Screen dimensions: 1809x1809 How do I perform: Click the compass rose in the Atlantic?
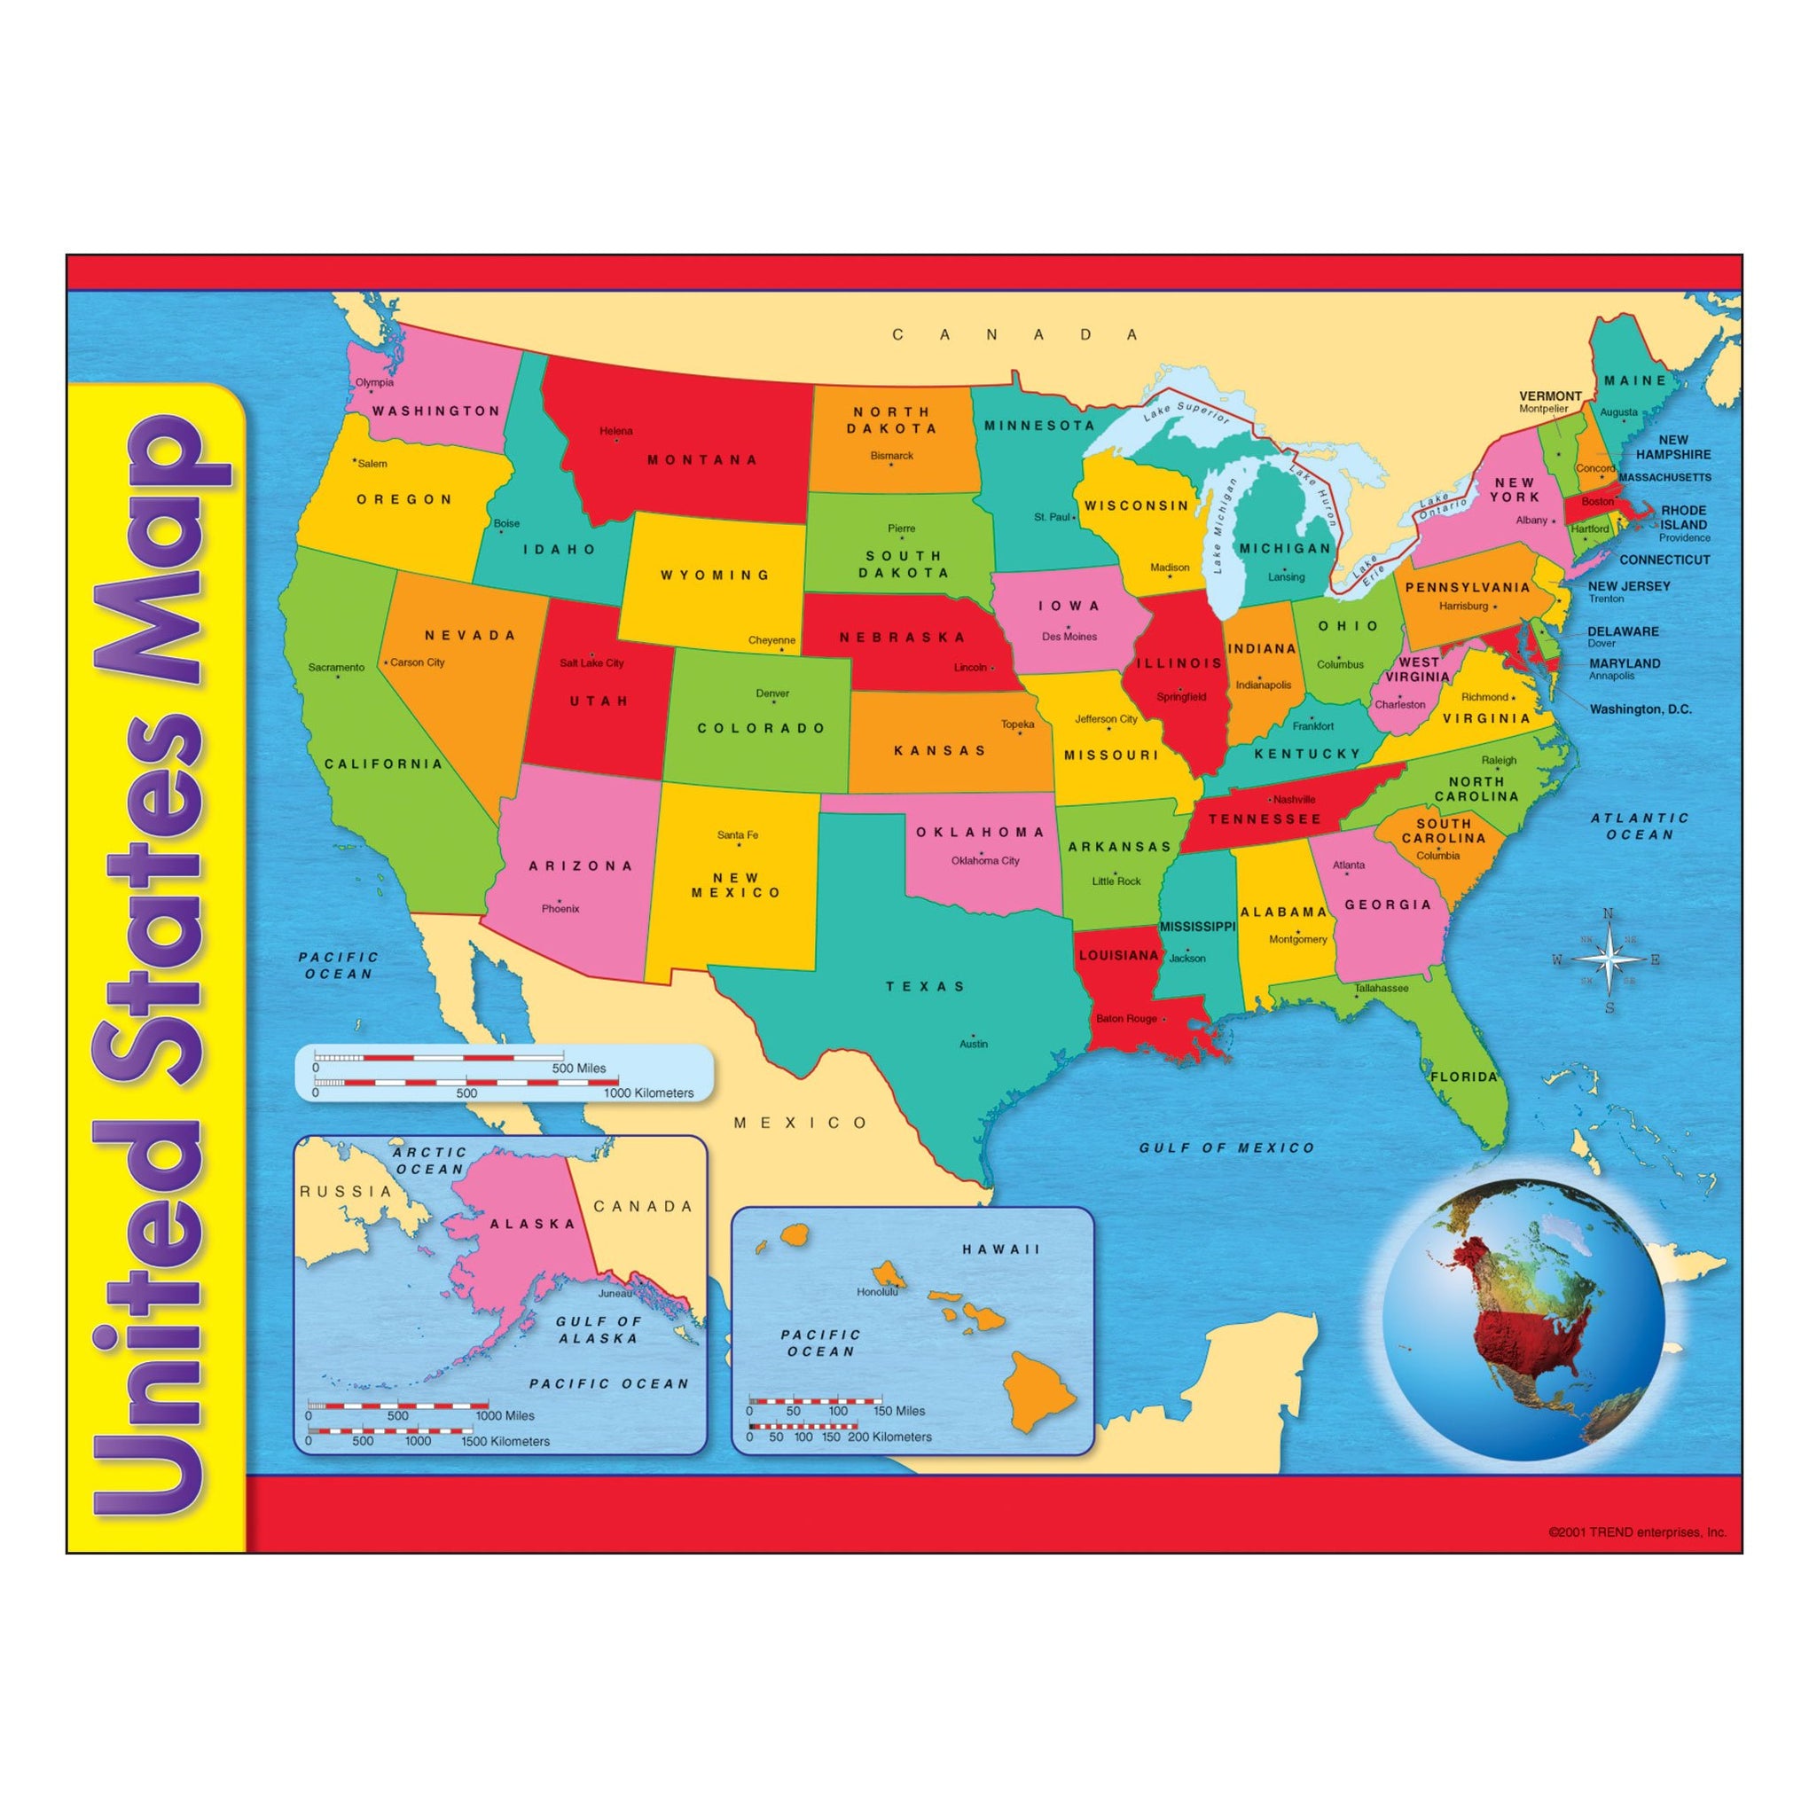point(1608,959)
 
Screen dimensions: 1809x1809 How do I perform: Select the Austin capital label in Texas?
point(973,1043)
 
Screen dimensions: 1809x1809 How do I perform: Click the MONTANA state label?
point(702,459)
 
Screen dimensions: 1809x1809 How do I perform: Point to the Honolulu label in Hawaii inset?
point(876,1292)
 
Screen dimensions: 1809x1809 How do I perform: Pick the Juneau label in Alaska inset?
point(615,1293)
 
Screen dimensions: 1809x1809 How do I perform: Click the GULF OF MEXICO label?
point(1226,1148)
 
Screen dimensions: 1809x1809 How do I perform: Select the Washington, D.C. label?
point(1641,709)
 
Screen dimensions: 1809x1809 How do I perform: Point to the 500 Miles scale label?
point(579,1069)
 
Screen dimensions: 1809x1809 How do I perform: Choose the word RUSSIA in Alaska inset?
point(346,1192)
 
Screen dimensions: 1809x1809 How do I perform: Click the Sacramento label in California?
point(336,668)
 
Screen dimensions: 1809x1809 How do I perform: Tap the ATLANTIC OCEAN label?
point(1640,826)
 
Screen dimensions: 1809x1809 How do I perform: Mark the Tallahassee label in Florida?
point(1381,988)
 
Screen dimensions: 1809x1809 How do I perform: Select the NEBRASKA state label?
point(902,638)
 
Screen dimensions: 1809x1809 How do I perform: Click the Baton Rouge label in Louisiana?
point(1126,1019)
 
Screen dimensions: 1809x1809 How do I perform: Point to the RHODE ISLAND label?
point(1684,518)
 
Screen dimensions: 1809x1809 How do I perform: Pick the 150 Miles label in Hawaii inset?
point(899,1411)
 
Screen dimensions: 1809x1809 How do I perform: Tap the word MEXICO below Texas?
point(801,1123)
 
